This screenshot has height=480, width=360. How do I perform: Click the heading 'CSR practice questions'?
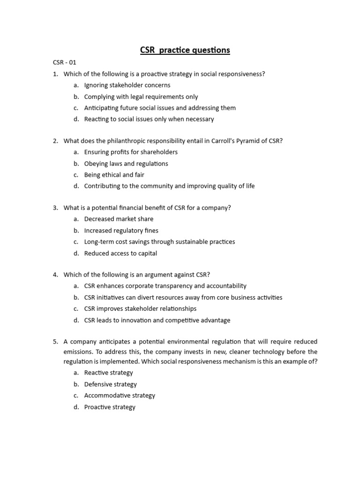(185, 50)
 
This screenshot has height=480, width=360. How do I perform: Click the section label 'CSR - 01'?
(64, 62)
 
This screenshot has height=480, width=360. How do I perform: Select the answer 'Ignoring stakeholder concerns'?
(127, 85)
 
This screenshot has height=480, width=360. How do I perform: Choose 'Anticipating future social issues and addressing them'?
(160, 108)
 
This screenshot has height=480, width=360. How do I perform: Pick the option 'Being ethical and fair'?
(114, 175)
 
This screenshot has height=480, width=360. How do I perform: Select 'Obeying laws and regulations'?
(126, 164)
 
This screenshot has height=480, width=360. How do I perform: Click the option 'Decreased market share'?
(119, 219)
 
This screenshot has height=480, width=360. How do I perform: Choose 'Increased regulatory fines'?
(121, 231)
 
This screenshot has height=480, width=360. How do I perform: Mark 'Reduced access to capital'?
(120, 254)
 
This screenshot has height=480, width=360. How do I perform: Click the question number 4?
(55, 275)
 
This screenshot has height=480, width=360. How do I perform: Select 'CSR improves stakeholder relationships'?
(140, 309)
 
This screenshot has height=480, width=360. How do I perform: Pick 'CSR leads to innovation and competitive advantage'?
(157, 321)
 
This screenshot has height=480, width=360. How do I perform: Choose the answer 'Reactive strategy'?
(108, 373)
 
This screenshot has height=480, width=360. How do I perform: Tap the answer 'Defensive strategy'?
(110, 384)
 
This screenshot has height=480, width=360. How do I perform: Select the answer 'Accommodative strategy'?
(120, 396)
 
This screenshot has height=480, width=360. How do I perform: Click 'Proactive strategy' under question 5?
(110, 407)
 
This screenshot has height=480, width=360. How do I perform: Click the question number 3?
(55, 208)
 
